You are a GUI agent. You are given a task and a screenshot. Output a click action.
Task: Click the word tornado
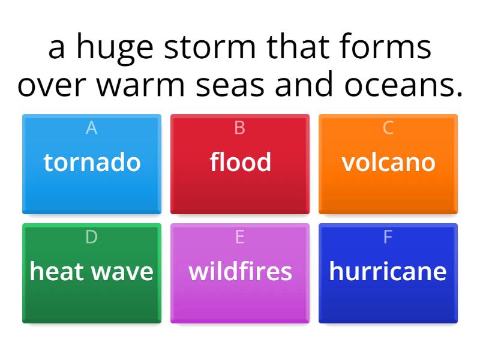click(92, 162)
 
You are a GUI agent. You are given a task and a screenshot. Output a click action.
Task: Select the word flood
click(240, 162)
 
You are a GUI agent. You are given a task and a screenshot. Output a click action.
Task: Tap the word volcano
click(388, 162)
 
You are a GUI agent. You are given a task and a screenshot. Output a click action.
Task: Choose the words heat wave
click(92, 271)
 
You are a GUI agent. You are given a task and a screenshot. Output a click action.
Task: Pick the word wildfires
click(240, 271)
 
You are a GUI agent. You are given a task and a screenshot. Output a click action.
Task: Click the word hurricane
click(388, 271)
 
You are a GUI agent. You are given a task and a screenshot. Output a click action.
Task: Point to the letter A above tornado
click(92, 128)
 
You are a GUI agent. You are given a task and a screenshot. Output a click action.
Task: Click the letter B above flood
click(240, 128)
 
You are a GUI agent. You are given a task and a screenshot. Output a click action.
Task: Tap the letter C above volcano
click(388, 128)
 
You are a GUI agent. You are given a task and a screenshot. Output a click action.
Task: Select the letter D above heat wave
click(92, 237)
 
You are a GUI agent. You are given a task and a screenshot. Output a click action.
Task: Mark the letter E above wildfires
click(240, 237)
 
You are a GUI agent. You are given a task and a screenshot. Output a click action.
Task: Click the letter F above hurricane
click(388, 237)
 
